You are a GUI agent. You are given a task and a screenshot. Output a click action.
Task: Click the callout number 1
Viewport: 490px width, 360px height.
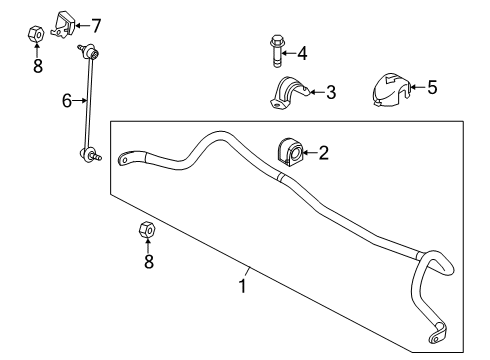(243, 286)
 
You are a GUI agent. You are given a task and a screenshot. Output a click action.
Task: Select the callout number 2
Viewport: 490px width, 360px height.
(323, 153)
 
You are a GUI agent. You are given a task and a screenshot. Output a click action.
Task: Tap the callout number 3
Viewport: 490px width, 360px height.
(331, 92)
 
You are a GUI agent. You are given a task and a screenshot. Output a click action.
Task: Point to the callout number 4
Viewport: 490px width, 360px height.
(302, 53)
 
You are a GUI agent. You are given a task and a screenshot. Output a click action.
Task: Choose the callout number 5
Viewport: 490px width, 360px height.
(432, 87)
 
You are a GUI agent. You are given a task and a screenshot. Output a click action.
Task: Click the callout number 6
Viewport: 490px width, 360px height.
(67, 100)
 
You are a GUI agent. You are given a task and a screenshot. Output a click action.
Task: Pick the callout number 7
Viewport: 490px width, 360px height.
(96, 26)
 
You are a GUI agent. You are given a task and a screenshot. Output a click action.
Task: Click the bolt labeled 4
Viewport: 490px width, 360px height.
(276, 51)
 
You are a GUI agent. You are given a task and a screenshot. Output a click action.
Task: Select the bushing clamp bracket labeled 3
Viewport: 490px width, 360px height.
(290, 93)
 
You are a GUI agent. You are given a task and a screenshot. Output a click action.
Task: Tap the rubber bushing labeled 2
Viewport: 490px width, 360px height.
(289, 153)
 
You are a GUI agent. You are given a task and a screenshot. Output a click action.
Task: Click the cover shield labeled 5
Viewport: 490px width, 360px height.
(391, 90)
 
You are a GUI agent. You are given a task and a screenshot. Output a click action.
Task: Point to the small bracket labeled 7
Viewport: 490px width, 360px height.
(63, 24)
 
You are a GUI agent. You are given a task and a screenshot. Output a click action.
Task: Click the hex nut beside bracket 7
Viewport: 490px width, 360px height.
(35, 34)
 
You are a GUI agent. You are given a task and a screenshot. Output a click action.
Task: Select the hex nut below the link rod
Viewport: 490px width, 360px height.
(147, 229)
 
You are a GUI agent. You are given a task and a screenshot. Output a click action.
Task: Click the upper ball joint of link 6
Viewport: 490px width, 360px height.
(91, 53)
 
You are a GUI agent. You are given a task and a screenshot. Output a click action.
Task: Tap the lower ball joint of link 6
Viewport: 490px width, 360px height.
(89, 155)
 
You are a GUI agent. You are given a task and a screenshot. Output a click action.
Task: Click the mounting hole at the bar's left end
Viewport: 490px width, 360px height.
(124, 160)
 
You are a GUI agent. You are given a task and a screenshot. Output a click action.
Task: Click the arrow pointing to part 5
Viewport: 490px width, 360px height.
(418, 87)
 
